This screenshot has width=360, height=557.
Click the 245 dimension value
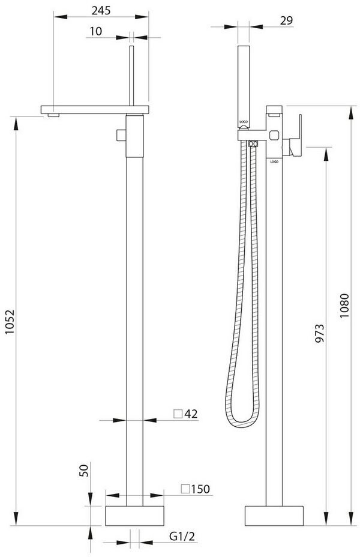click(101, 10)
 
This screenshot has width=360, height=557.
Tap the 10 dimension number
click(95, 31)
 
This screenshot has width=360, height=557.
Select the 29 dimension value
click(287, 20)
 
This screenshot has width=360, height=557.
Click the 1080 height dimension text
click(344, 306)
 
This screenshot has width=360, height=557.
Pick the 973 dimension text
click(320, 333)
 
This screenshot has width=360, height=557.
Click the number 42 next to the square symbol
click(191, 414)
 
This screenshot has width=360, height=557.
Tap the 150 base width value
click(200, 489)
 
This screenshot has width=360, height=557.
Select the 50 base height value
click(85, 471)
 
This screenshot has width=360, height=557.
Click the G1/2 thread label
click(182, 537)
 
